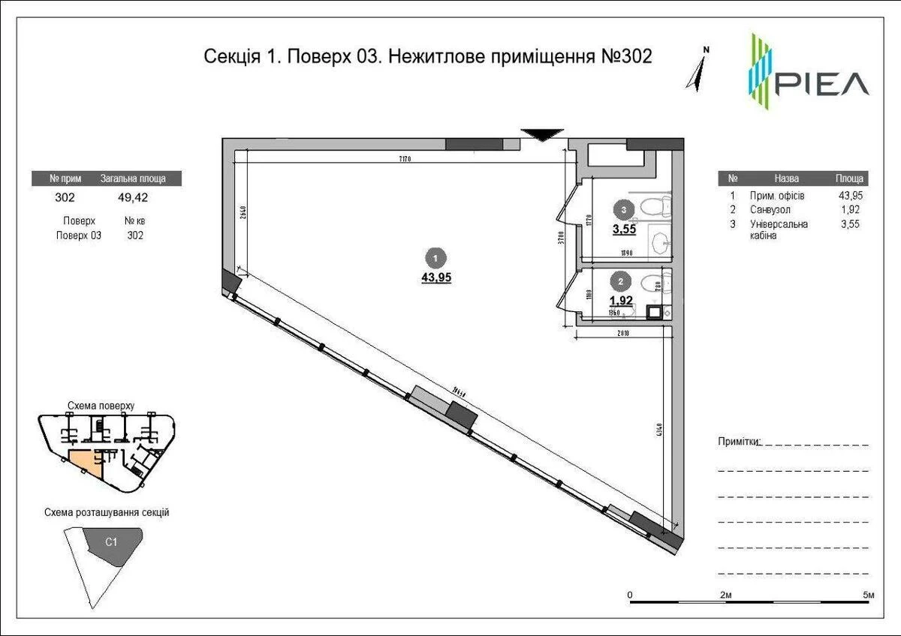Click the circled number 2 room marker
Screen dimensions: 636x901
click(x=621, y=282)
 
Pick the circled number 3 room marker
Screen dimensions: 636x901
click(x=621, y=210)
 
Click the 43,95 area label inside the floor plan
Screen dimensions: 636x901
click(x=436, y=277)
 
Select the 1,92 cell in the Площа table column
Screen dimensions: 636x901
click(x=848, y=210)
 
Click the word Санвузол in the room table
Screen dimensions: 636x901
click(x=770, y=210)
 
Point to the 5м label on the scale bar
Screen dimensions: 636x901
click(x=869, y=595)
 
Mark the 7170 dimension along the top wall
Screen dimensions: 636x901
click(x=406, y=159)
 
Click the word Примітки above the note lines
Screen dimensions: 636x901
click(x=739, y=441)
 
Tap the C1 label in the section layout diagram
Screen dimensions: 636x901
click(x=110, y=541)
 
